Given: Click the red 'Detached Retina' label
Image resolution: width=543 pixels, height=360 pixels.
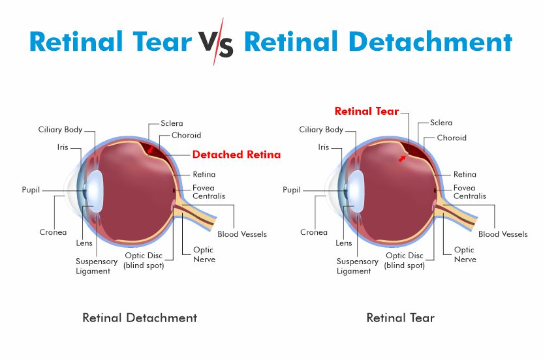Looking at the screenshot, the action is [236, 155].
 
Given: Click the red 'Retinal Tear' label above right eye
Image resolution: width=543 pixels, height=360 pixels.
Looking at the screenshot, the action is [367, 111].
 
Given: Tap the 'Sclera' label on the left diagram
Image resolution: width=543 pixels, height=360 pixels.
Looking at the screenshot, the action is [172, 123].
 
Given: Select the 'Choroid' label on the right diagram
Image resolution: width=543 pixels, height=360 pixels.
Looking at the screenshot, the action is [452, 138].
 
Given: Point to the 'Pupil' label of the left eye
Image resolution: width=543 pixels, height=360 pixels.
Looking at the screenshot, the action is [31, 190].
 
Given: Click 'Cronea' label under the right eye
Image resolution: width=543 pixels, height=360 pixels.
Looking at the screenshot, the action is [314, 232].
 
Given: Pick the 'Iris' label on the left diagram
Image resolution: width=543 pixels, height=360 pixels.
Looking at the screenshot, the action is [63, 147].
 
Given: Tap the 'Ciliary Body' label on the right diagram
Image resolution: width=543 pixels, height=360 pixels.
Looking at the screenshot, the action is [321, 130].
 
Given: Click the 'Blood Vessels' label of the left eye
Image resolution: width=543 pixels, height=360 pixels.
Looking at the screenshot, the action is [242, 234].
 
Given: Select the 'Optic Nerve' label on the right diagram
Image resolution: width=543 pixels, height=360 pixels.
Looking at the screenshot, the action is [465, 254].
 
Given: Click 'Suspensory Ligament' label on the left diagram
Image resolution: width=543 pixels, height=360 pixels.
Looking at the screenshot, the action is [97, 266].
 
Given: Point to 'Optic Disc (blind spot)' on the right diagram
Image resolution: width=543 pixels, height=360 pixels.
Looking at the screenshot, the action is [405, 260].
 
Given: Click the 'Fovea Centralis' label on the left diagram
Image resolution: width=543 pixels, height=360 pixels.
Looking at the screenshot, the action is [209, 192].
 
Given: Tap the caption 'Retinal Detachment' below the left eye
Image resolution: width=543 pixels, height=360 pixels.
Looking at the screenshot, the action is [140, 318].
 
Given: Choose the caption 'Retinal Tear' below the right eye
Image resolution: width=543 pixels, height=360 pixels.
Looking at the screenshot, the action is [400, 318].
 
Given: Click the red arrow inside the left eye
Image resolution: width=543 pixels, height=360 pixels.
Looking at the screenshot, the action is [150, 149].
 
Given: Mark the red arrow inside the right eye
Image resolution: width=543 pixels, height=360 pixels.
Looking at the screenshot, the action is [402, 158].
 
